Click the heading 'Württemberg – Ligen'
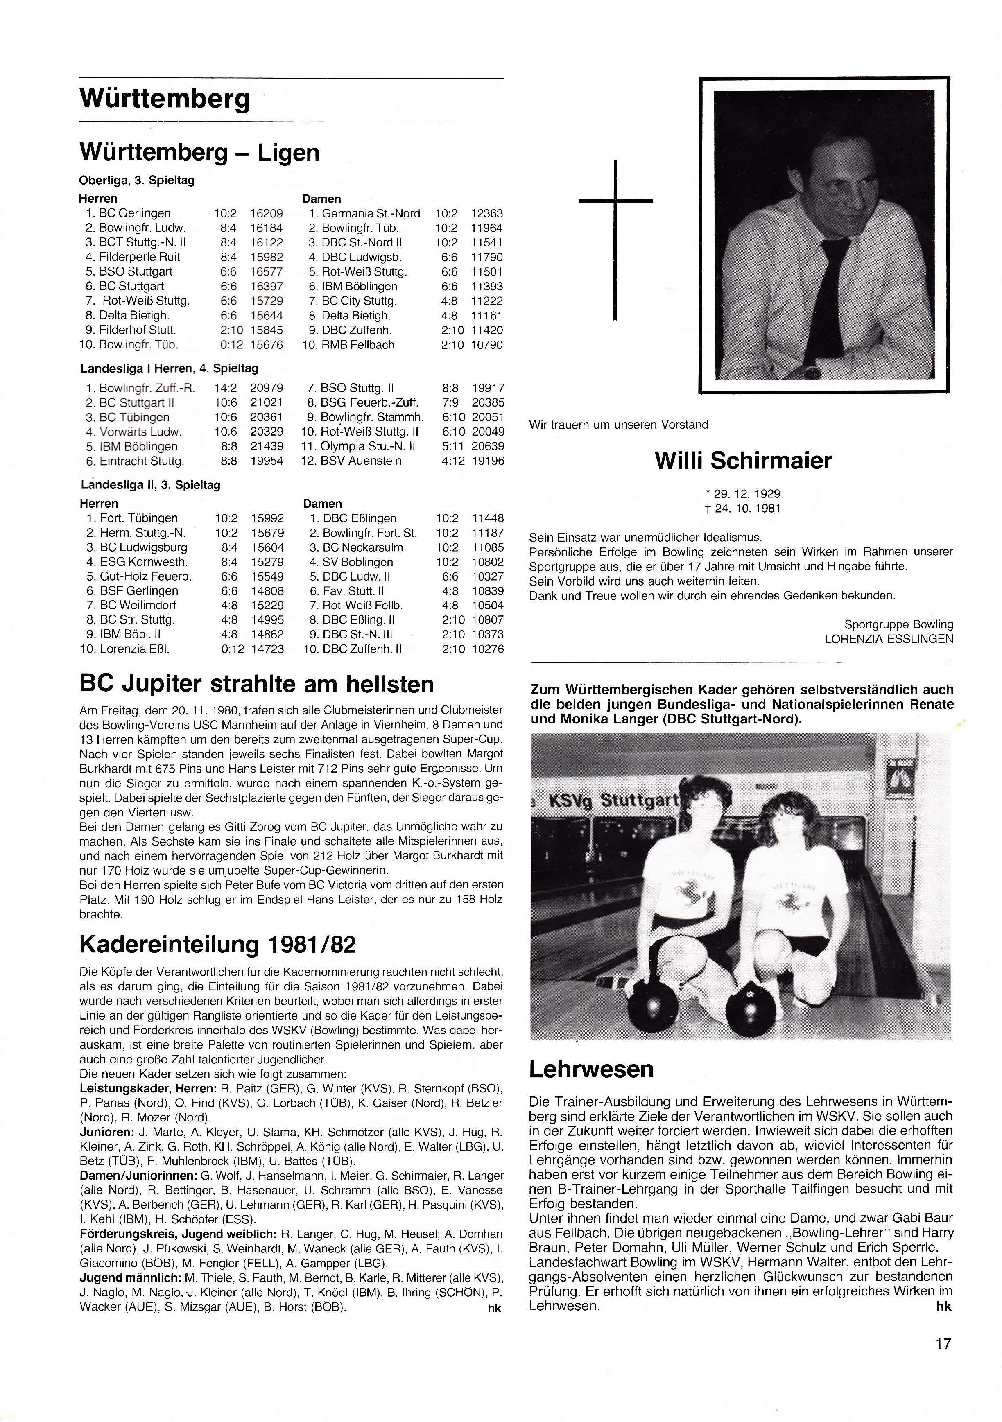199,152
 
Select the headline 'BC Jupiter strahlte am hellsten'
257,684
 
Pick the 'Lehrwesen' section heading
591,1069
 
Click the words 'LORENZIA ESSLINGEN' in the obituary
889,639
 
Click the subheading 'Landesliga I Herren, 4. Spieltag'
169,368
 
